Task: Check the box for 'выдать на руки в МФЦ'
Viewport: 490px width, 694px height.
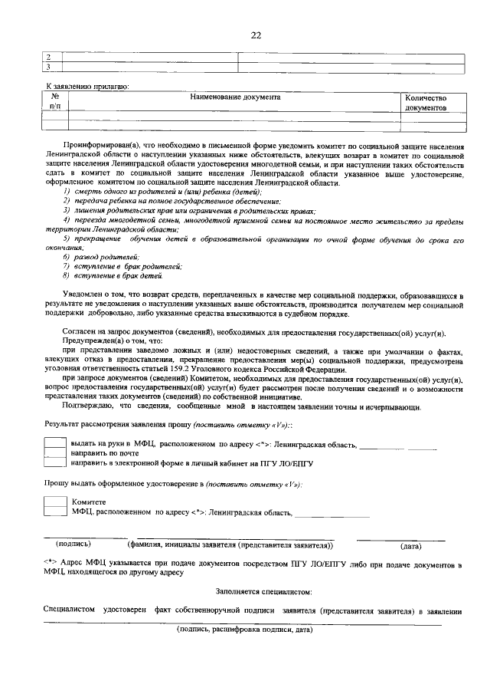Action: coord(54,443)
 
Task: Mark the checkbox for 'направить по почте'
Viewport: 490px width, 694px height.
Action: coord(54,453)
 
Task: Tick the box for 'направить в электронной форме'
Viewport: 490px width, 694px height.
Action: coord(54,463)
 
